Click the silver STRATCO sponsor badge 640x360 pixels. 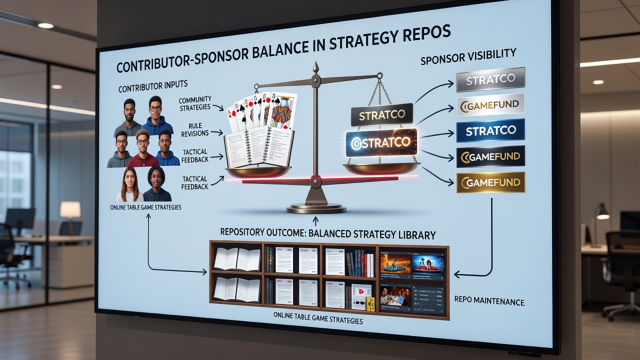click(x=490, y=79)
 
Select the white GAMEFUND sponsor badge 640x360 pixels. click(x=490, y=105)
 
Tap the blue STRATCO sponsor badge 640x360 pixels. click(x=490, y=130)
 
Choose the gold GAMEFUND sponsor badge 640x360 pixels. click(x=490, y=182)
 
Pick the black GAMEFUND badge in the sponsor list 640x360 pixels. click(x=490, y=156)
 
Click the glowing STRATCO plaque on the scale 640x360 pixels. click(x=381, y=142)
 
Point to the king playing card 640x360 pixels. click(x=283, y=111)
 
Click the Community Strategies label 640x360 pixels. click(x=195, y=103)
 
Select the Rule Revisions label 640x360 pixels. click(x=195, y=129)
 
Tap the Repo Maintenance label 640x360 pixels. click(x=489, y=301)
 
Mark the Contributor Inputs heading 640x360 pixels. click(x=153, y=86)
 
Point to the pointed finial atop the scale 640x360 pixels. click(x=315, y=67)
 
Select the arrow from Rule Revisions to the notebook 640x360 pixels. click(x=217, y=132)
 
